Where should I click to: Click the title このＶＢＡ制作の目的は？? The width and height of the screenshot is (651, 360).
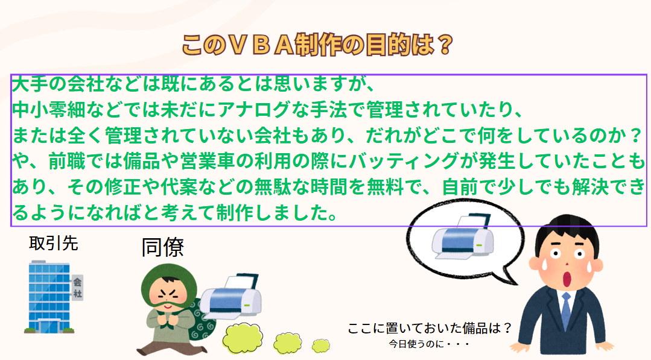[317, 45]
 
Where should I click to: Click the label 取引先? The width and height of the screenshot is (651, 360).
[54, 244]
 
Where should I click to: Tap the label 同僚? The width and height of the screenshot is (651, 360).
[162, 248]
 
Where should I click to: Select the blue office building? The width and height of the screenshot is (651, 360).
[49, 297]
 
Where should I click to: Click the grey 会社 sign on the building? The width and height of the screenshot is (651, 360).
[77, 288]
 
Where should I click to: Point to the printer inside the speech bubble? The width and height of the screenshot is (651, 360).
[463, 236]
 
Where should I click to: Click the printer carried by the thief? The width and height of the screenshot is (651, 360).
[231, 296]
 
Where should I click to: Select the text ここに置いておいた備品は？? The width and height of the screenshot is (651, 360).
[430, 329]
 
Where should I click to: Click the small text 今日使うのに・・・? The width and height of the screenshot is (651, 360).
[430, 344]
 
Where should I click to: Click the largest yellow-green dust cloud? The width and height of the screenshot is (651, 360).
[243, 338]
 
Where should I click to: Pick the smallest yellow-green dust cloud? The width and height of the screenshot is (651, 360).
[320, 345]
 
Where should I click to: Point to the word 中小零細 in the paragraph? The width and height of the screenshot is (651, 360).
[49, 110]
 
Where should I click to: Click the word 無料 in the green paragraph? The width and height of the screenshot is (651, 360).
[386, 187]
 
